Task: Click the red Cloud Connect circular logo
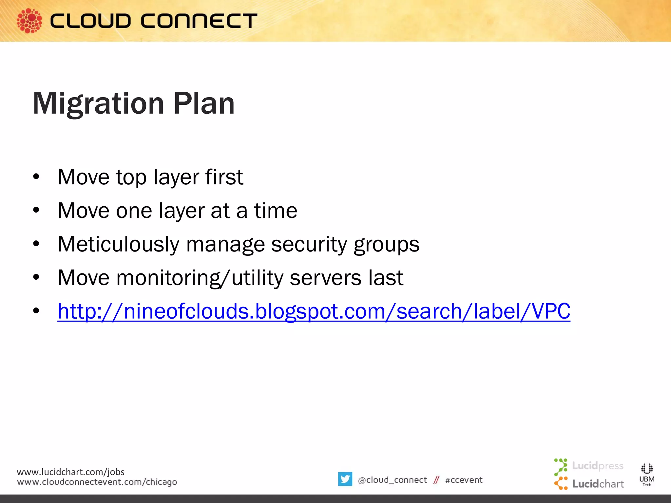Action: (29, 21)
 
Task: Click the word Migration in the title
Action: (98, 104)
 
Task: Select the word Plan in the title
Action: (204, 104)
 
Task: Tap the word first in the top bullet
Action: (224, 177)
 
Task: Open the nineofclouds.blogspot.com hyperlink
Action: (314, 311)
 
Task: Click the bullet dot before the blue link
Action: (36, 310)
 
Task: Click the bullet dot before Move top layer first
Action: (36, 177)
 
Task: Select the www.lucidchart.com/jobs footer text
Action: (70, 472)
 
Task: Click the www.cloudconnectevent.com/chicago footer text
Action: (97, 482)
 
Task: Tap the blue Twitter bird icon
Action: (345, 479)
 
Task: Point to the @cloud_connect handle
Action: (392, 480)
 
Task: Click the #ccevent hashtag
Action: (464, 480)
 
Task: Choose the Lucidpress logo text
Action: (597, 466)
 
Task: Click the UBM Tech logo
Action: (647, 475)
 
